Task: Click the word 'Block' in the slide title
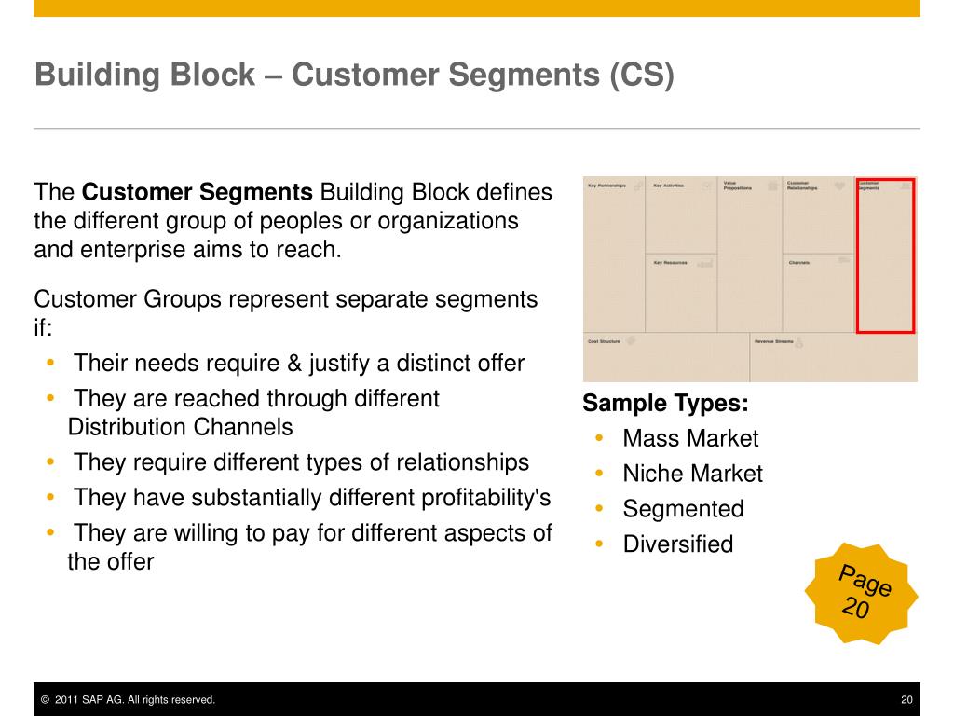coord(211,75)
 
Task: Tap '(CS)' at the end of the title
coord(642,75)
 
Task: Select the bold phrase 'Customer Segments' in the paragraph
coord(198,193)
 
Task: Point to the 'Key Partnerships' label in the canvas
coord(606,186)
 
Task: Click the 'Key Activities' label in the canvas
coord(668,186)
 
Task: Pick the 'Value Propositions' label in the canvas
coord(737,186)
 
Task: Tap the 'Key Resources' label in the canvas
coord(670,263)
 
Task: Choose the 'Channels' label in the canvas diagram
coord(798,263)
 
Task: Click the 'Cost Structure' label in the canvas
coord(604,341)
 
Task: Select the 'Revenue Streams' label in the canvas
coord(773,341)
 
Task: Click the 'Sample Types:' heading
coord(665,404)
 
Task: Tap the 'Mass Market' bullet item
coord(690,439)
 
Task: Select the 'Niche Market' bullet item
coord(692,475)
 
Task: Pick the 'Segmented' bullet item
coord(683,510)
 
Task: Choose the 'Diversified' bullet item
coord(677,544)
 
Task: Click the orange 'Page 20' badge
coord(862,593)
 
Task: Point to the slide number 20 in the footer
coord(906,700)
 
